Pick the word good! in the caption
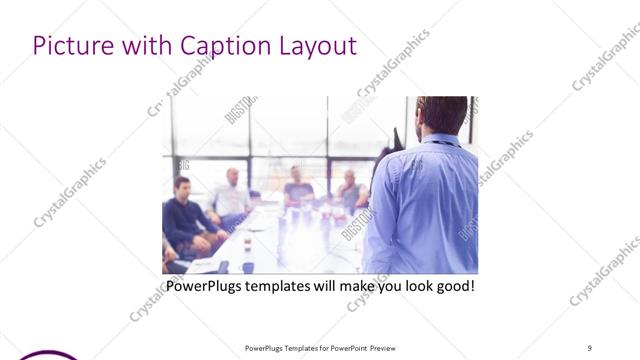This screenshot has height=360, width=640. pyautogui.click(x=451, y=287)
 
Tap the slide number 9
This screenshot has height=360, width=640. pyautogui.click(x=589, y=347)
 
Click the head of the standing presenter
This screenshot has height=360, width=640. pyautogui.click(x=441, y=115)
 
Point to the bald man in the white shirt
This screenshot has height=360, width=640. pyautogui.click(x=231, y=195)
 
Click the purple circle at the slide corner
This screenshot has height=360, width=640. pyautogui.click(x=45, y=354)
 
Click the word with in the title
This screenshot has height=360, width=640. pyautogui.click(x=147, y=46)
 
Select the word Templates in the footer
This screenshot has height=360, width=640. pyautogui.click(x=295, y=347)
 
